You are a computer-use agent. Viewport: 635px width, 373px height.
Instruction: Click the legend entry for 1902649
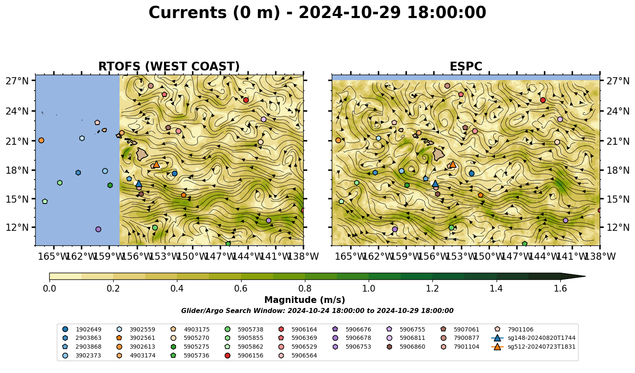click(82, 329)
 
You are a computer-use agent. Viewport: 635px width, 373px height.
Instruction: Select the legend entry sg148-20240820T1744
click(533, 338)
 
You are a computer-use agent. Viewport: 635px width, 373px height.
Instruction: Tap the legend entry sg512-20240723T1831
click(533, 347)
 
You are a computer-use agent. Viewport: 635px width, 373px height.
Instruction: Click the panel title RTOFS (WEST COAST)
click(169, 66)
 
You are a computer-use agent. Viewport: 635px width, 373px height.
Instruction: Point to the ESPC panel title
click(466, 66)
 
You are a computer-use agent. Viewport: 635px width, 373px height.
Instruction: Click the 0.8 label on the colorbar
click(305, 289)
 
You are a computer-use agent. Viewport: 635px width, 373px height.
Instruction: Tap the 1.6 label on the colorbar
click(560, 289)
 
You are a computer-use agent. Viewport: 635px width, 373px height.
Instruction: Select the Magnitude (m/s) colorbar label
click(305, 300)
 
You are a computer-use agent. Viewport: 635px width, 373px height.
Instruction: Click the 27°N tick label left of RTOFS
click(17, 81)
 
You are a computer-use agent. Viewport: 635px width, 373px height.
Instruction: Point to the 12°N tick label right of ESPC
click(618, 227)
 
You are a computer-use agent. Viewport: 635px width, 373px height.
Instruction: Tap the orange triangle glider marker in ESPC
click(453, 164)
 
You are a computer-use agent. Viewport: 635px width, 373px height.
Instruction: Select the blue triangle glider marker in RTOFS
click(139, 183)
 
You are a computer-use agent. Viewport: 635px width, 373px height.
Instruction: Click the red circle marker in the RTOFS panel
click(246, 100)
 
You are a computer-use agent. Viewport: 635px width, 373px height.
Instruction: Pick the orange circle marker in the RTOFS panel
click(41, 141)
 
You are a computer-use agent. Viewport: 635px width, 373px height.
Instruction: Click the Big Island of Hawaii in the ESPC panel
click(439, 154)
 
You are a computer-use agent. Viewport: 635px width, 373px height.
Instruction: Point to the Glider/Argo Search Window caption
click(317, 311)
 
